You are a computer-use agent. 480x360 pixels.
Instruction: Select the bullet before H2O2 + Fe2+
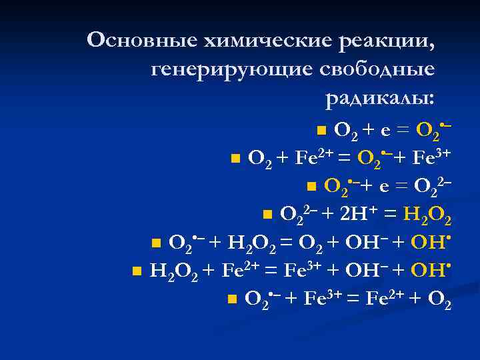(136, 270)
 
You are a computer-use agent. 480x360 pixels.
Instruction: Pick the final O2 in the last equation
(439, 300)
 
